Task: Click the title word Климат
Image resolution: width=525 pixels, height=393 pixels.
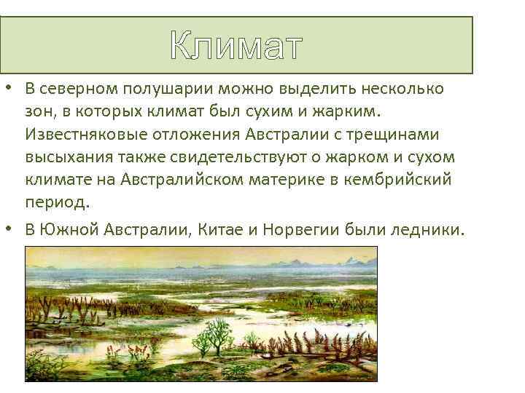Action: click(236, 46)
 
